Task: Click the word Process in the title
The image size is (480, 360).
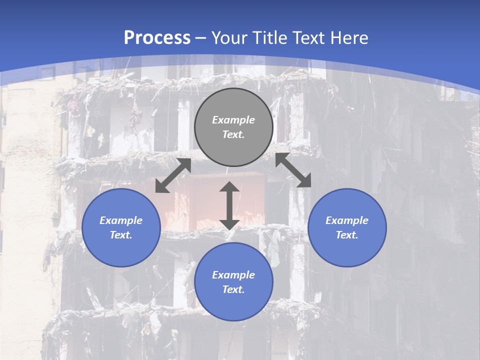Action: [157, 38]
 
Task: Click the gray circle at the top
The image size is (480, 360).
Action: [233, 127]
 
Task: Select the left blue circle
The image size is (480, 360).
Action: [121, 227]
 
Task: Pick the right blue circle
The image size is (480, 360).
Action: [347, 227]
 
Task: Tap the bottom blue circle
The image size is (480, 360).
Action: [233, 282]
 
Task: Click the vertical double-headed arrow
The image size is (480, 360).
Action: [229, 206]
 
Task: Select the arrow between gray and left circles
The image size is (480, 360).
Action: [173, 175]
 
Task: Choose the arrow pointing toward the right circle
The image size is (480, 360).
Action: [293, 170]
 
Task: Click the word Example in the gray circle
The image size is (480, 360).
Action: [233, 120]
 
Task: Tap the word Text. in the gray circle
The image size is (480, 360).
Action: [233, 134]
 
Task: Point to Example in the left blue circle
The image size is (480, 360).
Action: [121, 220]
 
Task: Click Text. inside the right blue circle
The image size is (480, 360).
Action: [347, 235]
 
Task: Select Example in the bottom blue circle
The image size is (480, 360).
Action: [233, 275]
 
